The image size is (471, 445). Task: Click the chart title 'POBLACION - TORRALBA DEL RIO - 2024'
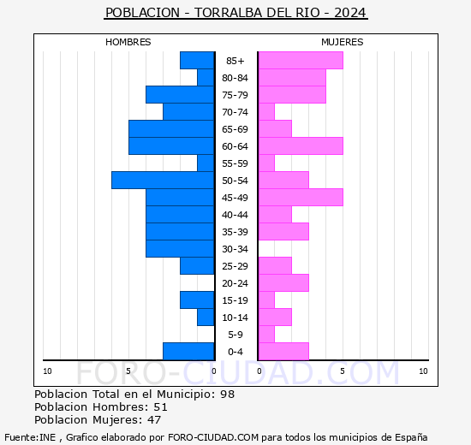point(235,13)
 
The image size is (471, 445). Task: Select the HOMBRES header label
point(128,42)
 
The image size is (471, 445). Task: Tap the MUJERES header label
point(342,42)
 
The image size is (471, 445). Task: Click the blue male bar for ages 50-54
point(163,180)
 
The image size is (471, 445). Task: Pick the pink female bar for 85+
point(300,60)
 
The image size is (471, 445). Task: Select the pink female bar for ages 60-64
point(300,145)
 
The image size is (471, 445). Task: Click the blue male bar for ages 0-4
point(188,351)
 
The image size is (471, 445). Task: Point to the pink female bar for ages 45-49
point(300,197)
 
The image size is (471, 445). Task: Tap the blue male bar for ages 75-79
point(180,94)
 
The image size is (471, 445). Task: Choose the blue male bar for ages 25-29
point(197,265)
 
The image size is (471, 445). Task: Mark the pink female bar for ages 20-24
point(283,282)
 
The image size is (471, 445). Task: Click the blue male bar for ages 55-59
point(206,163)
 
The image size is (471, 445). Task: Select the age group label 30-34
point(235,249)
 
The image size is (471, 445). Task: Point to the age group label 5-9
point(235,335)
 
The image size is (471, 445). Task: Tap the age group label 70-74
point(235,112)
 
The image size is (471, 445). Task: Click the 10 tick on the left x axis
point(47,371)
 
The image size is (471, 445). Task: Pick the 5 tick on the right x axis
point(342,371)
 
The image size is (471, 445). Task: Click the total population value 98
point(226,395)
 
